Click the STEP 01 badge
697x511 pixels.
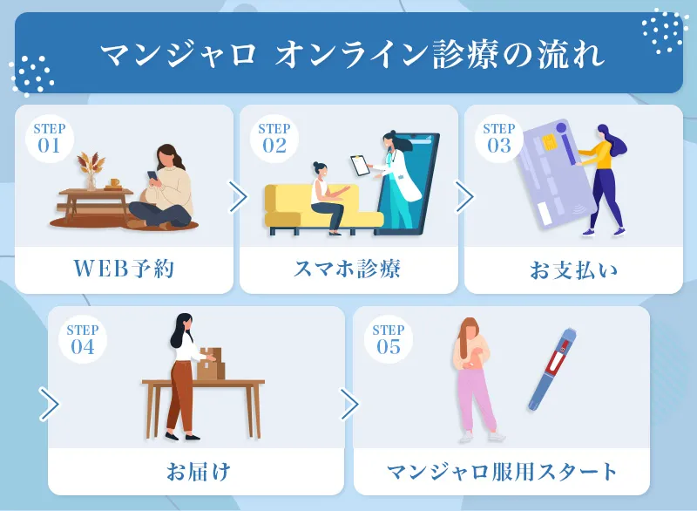coord(50,139)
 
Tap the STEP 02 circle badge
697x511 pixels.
coord(274,139)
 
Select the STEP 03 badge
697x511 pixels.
coord(499,139)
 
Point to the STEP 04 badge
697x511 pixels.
coord(83,339)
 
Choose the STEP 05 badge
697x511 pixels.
coord(389,339)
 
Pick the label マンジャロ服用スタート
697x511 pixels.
coord(502,472)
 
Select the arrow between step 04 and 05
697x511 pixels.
coord(348,404)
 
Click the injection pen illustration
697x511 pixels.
coord(551,369)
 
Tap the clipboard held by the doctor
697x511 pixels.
coord(359,164)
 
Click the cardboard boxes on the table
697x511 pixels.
coord(210,363)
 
